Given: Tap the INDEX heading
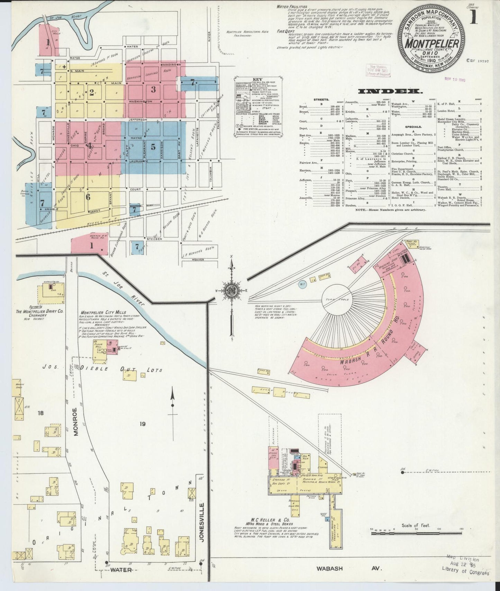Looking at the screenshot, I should [390, 92].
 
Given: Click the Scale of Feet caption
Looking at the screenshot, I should [416, 535].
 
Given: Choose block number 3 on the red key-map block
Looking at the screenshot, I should [153, 89].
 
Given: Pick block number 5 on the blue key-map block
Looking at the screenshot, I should [153, 146].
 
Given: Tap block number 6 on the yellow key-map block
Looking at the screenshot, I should [88, 197].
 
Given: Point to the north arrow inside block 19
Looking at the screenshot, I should [172, 403].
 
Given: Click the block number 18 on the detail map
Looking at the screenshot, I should [40, 413].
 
